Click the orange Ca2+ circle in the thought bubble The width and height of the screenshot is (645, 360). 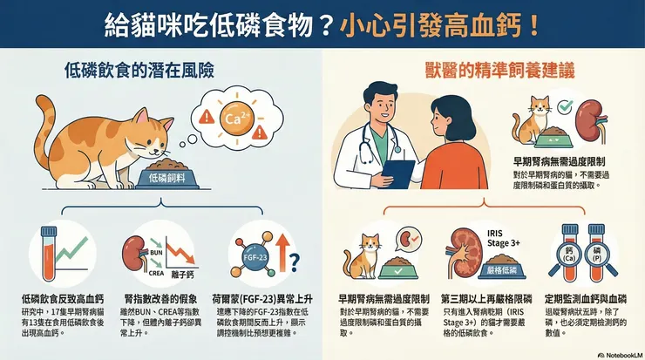(x=235, y=118)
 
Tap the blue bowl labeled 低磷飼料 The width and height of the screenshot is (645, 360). (x=167, y=178)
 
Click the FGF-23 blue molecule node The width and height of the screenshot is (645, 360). (x=255, y=257)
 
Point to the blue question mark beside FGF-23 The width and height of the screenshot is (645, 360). (x=295, y=262)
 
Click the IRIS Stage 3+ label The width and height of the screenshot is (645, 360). (x=504, y=238)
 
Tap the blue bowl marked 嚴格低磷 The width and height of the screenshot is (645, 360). (x=502, y=270)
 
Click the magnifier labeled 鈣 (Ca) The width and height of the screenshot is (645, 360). (x=568, y=259)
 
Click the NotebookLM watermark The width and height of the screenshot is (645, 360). (x=621, y=355)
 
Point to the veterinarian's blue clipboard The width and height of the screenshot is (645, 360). (x=397, y=173)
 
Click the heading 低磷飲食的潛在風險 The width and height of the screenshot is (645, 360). (x=139, y=71)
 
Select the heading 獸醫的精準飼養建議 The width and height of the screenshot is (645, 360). (x=499, y=71)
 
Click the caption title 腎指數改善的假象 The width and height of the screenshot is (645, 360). (x=160, y=299)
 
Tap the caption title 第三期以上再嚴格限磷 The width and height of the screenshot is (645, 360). (x=486, y=299)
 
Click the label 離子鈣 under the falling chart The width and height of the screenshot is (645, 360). (x=182, y=275)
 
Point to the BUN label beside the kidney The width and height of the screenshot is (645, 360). (x=156, y=253)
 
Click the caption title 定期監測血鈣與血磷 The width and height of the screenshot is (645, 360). (x=586, y=299)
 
